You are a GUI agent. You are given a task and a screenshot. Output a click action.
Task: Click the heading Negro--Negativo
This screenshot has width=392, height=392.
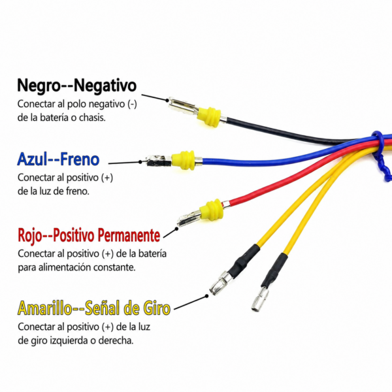pyautogui.click(x=76, y=86)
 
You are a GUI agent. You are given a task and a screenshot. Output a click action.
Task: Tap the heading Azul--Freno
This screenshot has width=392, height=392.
pyautogui.click(x=58, y=159)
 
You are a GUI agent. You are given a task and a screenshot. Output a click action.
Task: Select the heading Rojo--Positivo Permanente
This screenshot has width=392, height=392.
pyautogui.click(x=89, y=235)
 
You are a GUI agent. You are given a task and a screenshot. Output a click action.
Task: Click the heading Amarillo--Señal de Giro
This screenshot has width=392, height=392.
pyautogui.click(x=94, y=308)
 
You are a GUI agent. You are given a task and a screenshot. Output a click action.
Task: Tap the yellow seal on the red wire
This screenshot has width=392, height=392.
pyautogui.click(x=212, y=210)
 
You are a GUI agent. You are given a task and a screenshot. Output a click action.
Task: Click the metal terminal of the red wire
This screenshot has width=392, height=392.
pyautogui.click(x=189, y=218)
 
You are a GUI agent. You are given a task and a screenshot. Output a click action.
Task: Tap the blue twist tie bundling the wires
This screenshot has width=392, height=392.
pyautogui.click(x=382, y=155)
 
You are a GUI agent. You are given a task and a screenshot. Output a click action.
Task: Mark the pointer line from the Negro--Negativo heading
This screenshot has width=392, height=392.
pyautogui.click(x=154, y=97)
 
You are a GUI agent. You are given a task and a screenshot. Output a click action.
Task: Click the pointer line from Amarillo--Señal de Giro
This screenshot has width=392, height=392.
pyautogui.click(x=191, y=302)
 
